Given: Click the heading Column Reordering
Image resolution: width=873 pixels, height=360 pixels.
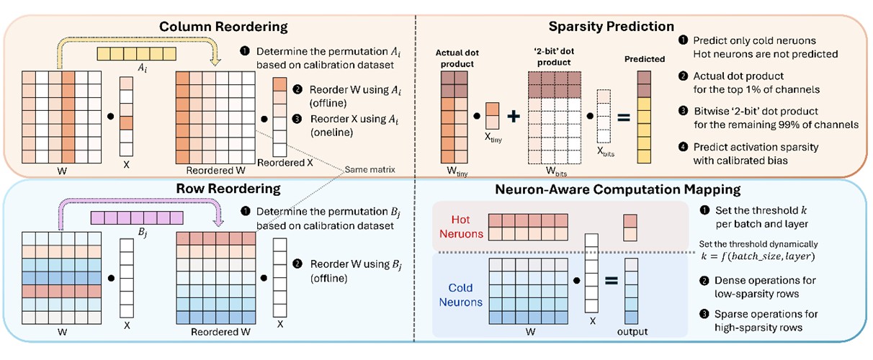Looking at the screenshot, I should click(x=223, y=27).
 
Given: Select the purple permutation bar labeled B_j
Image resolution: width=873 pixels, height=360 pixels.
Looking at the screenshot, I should click(x=125, y=217).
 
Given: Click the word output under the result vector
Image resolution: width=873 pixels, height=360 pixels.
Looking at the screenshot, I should click(x=632, y=332).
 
